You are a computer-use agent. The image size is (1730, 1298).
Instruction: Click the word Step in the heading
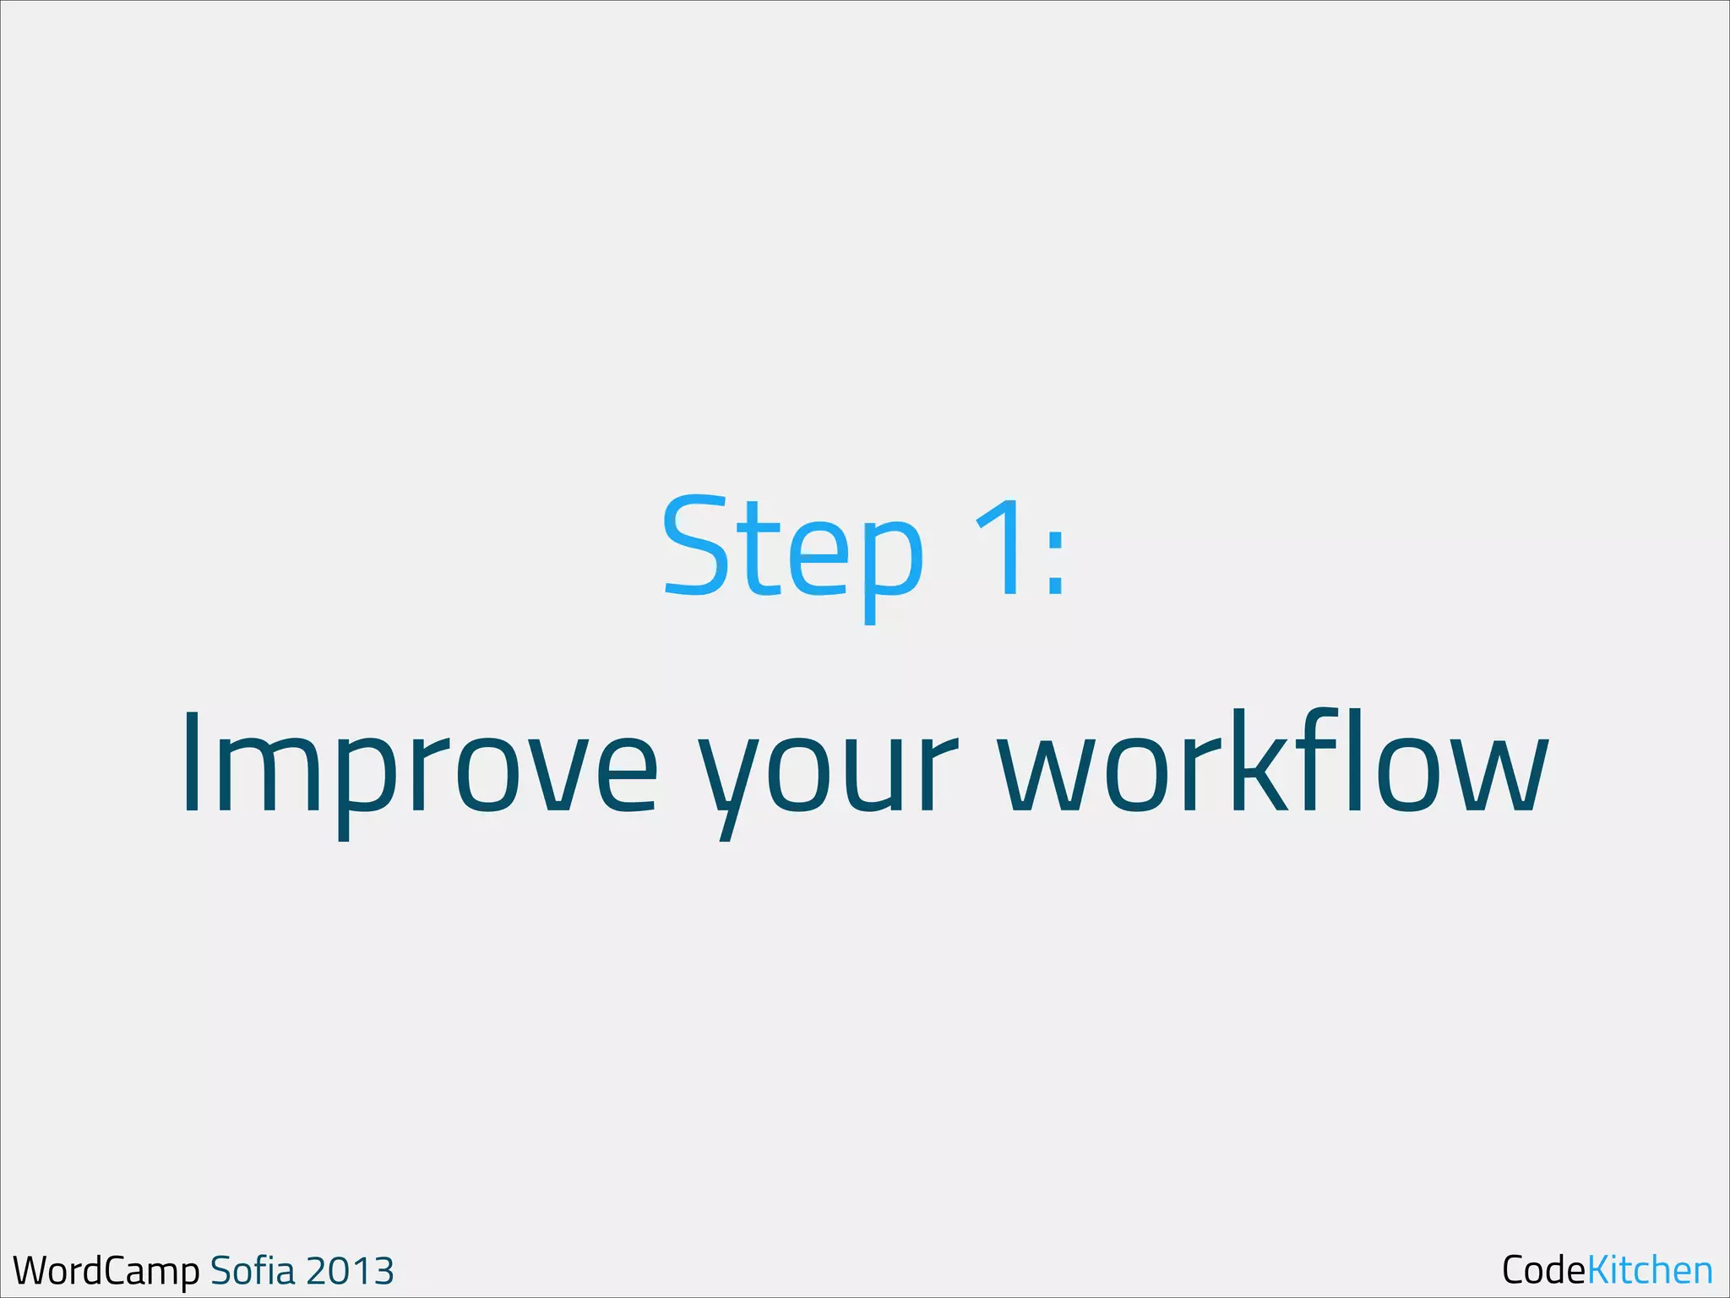[x=792, y=549]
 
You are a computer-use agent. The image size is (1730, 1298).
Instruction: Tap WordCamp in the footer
[x=106, y=1271]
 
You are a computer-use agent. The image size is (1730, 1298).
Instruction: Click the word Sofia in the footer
[x=253, y=1270]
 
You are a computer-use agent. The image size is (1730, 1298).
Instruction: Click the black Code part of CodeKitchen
[x=1543, y=1269]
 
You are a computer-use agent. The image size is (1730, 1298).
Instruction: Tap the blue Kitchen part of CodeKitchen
[x=1650, y=1269]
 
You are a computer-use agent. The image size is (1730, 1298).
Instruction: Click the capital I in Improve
[x=191, y=763]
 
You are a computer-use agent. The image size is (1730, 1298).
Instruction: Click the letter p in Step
[x=891, y=562]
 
